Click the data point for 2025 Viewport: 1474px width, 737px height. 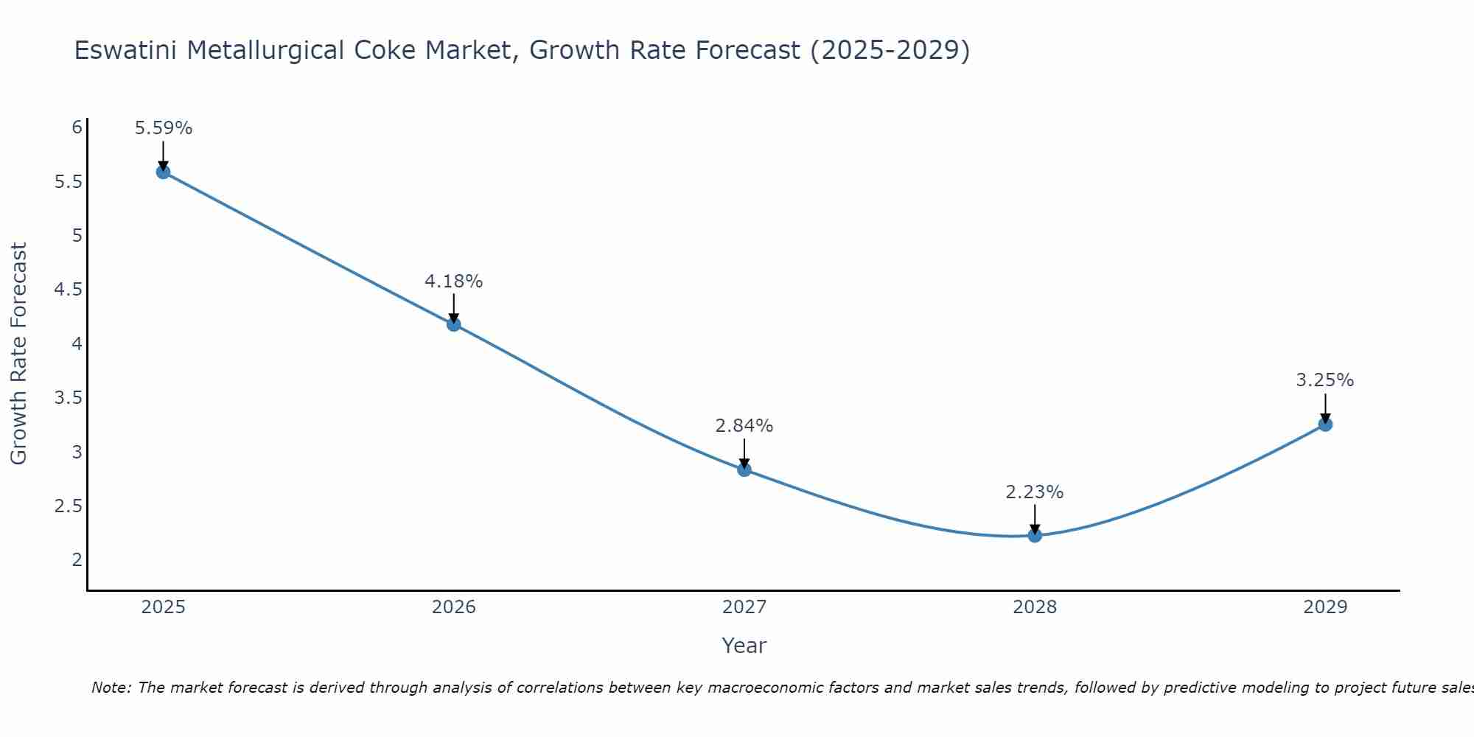click(x=163, y=172)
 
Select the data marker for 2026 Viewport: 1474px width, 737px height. click(x=454, y=324)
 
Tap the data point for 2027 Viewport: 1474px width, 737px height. click(x=744, y=469)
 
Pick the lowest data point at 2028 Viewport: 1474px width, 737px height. click(x=1035, y=535)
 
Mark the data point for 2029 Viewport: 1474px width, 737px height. click(x=1325, y=425)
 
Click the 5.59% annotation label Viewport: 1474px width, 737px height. click(x=163, y=128)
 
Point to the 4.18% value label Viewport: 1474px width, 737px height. click(x=454, y=282)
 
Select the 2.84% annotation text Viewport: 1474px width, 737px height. click(x=744, y=426)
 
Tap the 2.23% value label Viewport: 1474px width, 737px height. click(x=1035, y=492)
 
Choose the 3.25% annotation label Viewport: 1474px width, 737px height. click(x=1325, y=380)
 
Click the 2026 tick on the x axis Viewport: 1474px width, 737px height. click(x=454, y=607)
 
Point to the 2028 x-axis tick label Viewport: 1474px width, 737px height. click(x=1035, y=607)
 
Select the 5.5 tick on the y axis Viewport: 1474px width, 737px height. click(x=68, y=181)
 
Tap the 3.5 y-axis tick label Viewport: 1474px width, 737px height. click(x=68, y=398)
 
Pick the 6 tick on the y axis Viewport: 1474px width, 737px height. click(x=77, y=128)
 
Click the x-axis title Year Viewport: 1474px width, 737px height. click(x=744, y=646)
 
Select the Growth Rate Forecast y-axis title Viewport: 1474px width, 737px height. click(x=19, y=354)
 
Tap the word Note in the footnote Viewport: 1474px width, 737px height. click(x=111, y=688)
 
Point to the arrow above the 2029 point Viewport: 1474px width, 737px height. click(x=1325, y=408)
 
